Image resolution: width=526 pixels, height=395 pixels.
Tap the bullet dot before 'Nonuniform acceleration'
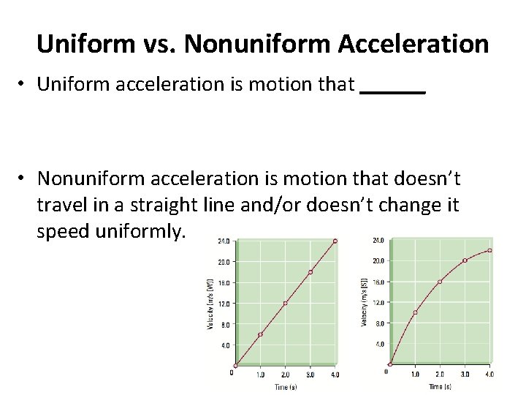tap(25, 178)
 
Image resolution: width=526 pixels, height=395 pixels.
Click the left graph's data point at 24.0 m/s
tap(335, 241)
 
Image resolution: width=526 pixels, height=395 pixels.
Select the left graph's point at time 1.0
tap(260, 334)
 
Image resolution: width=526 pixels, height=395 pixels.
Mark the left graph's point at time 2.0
tap(285, 303)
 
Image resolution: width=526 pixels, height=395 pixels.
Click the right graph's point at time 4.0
tap(489, 250)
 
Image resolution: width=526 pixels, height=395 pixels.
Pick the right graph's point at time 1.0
tap(415, 312)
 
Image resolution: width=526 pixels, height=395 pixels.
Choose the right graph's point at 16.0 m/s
tap(440, 282)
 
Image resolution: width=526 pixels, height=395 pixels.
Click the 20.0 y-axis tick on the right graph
tap(378, 260)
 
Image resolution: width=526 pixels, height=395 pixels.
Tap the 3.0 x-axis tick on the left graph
tap(310, 375)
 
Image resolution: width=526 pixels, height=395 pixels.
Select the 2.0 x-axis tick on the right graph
tap(440, 374)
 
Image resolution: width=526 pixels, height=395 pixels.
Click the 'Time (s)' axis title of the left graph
tap(285, 386)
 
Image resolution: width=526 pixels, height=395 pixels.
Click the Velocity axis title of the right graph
tap(364, 301)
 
